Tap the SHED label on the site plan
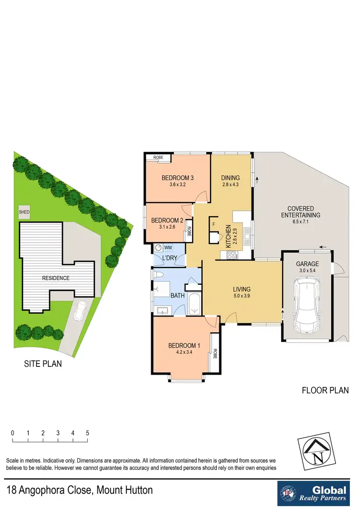tap(24, 211)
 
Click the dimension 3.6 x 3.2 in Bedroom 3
tap(178, 185)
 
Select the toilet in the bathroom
tap(157, 275)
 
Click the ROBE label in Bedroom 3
tap(158, 158)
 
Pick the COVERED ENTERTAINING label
tap(300, 212)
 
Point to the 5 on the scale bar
tap(87, 433)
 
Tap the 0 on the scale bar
tap(12, 433)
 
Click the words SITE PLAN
tap(43, 364)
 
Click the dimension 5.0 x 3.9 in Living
tap(241, 296)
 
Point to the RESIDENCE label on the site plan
tap(56, 278)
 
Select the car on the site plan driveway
tap(80, 312)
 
